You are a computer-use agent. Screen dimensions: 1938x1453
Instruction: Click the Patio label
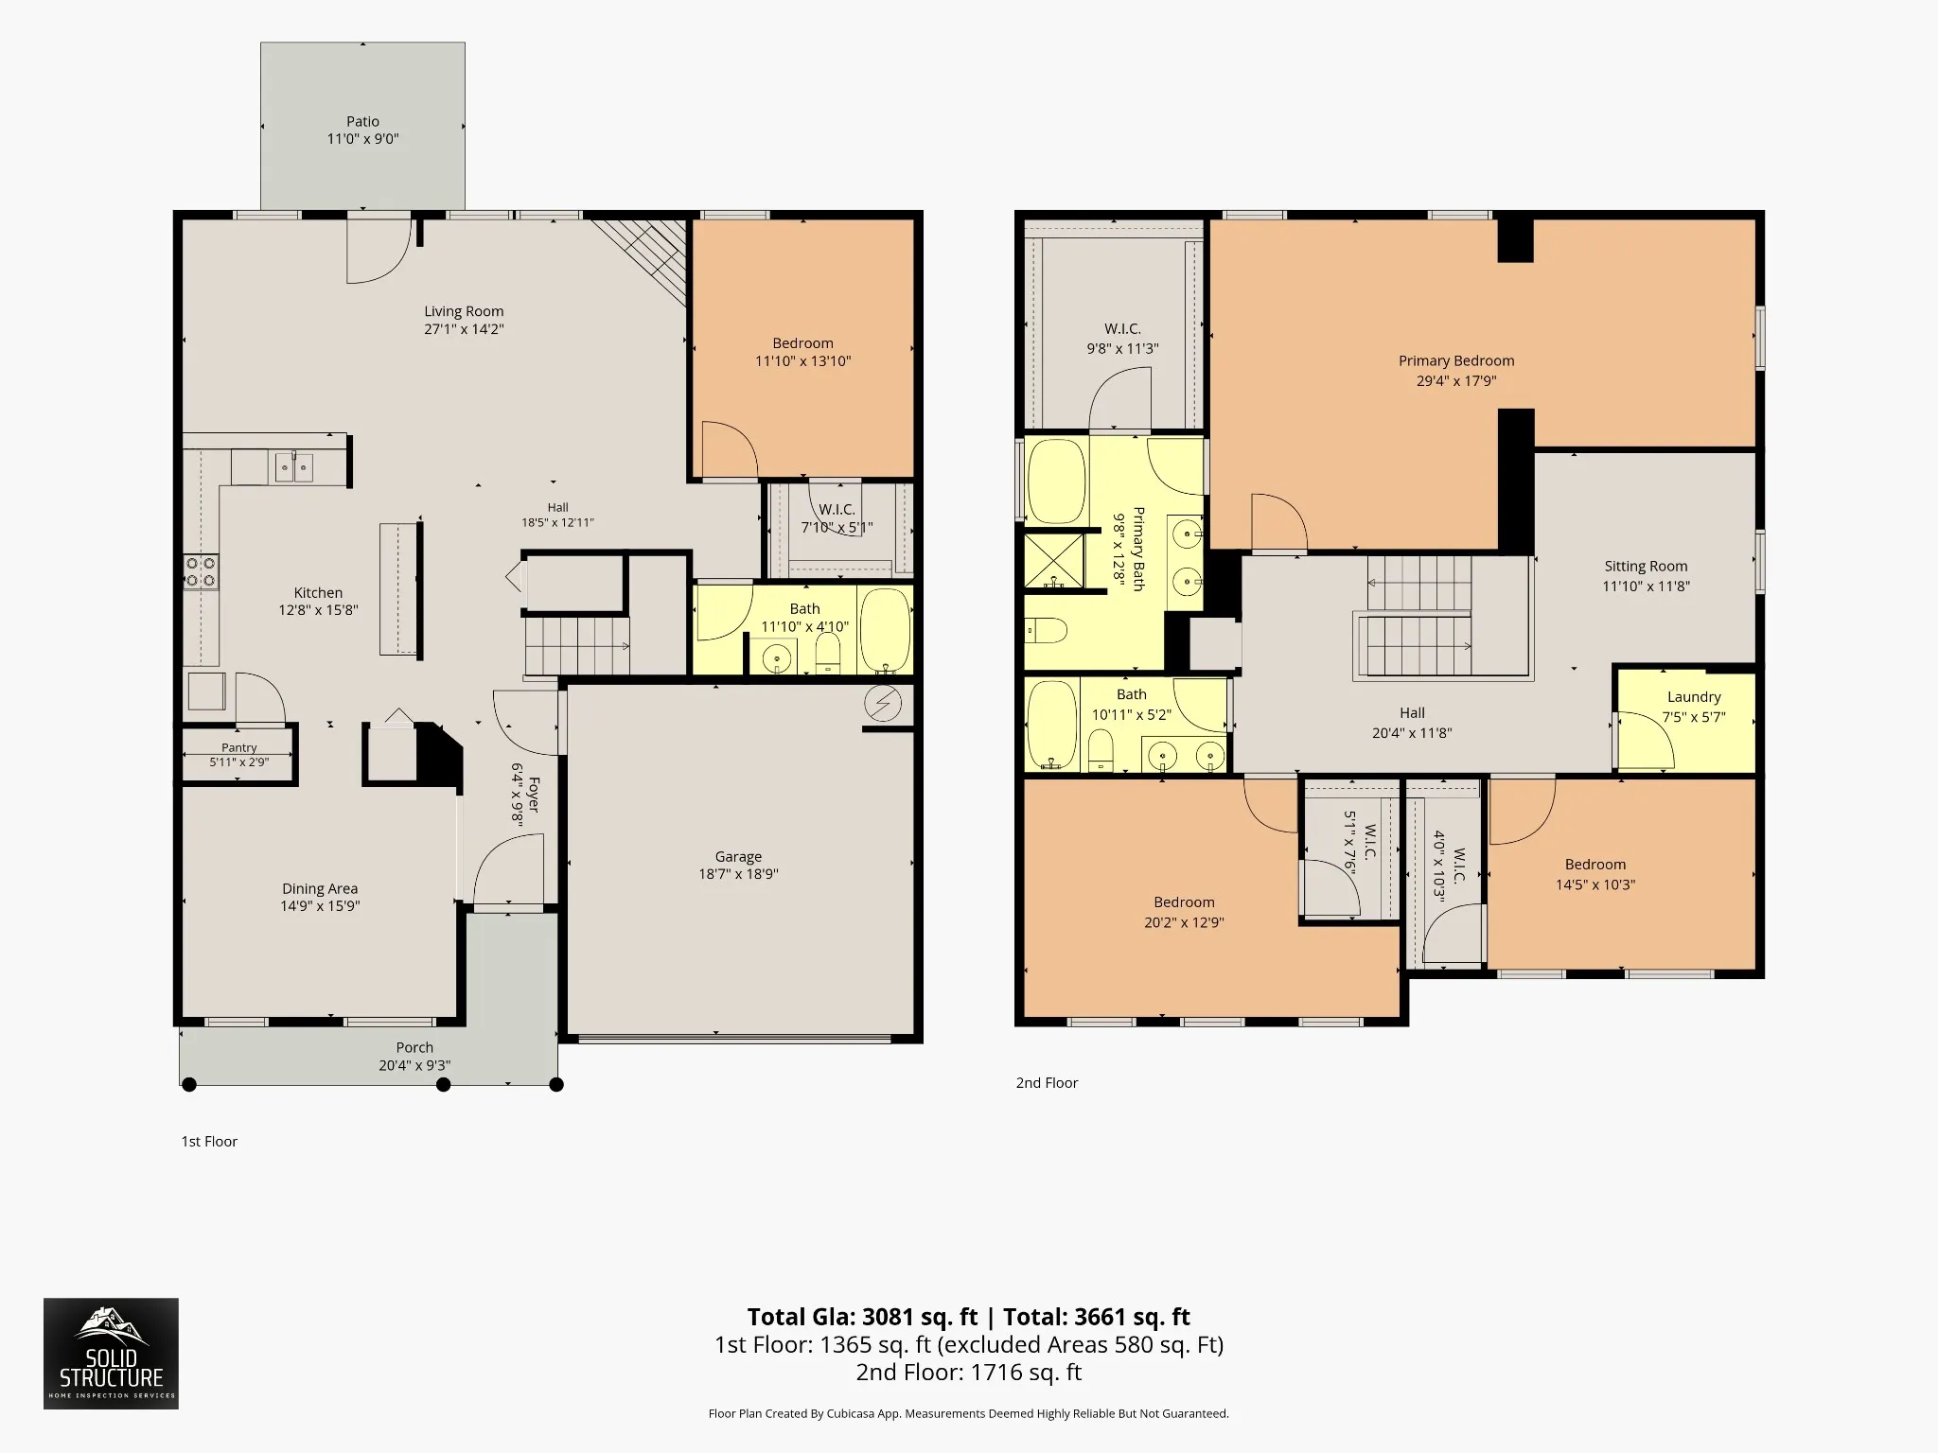pyautogui.click(x=362, y=121)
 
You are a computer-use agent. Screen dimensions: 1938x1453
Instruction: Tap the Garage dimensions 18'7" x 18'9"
pyautogui.click(x=738, y=875)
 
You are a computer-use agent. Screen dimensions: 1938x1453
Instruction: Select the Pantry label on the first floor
pyautogui.click(x=239, y=747)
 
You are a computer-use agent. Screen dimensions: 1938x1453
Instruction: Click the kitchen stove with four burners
pyautogui.click(x=201, y=571)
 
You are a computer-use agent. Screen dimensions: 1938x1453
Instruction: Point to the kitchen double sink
pyautogui.click(x=294, y=467)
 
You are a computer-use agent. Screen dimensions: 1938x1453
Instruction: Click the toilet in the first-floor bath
pyautogui.click(x=828, y=653)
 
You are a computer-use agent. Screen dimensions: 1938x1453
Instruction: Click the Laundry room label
pyautogui.click(x=1694, y=697)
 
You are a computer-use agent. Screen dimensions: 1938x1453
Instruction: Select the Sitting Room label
pyautogui.click(x=1646, y=567)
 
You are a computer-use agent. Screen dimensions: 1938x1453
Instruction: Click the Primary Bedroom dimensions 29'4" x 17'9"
pyautogui.click(x=1456, y=381)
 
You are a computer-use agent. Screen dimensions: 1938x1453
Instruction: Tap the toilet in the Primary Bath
pyautogui.click(x=1047, y=629)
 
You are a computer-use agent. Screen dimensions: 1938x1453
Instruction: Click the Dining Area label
pyautogui.click(x=320, y=888)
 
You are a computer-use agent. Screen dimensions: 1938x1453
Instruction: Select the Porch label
pyautogui.click(x=414, y=1047)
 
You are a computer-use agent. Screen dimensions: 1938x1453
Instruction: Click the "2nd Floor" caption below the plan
pyautogui.click(x=1047, y=1083)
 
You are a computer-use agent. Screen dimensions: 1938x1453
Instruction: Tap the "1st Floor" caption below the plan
pyautogui.click(x=209, y=1142)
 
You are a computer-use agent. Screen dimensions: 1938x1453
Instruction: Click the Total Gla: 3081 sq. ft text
pyautogui.click(x=862, y=1317)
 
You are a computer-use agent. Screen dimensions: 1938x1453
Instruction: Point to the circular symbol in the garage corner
pyautogui.click(x=884, y=704)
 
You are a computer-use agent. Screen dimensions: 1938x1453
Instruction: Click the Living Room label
pyautogui.click(x=464, y=311)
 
